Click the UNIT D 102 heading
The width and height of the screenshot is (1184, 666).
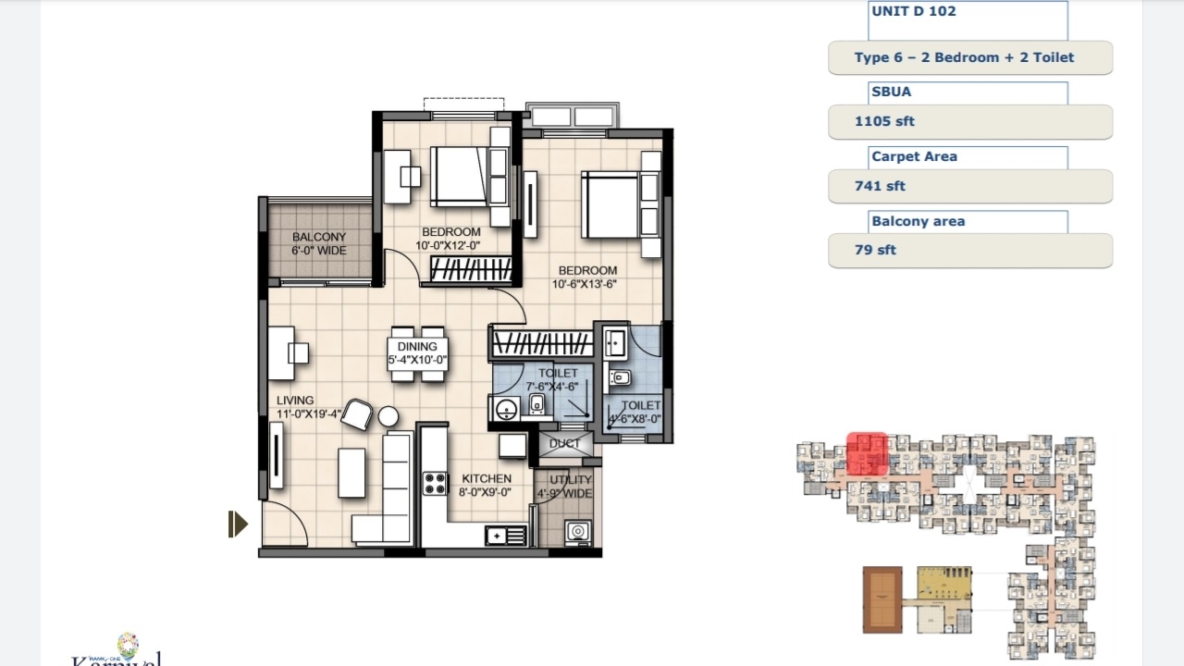click(x=913, y=12)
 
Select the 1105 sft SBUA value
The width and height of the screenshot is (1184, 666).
click(x=884, y=121)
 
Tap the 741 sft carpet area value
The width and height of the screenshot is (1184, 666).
click(x=880, y=186)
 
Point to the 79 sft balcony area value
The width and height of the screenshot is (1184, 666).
click(x=875, y=250)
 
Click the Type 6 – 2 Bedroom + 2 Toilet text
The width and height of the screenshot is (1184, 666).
click(x=964, y=57)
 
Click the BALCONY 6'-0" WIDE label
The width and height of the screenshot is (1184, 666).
click(x=319, y=243)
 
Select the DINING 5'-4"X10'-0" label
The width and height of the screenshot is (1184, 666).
click(x=417, y=353)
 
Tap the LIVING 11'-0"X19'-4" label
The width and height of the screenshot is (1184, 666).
click(x=308, y=408)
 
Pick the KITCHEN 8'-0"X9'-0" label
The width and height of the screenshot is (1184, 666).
click(x=486, y=486)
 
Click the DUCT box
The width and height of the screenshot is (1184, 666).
click(x=565, y=444)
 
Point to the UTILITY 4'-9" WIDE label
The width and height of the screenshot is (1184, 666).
click(x=570, y=487)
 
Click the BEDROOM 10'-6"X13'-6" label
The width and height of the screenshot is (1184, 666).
click(x=586, y=277)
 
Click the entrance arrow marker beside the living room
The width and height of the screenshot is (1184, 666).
click(x=238, y=524)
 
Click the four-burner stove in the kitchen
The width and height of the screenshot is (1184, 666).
click(x=435, y=483)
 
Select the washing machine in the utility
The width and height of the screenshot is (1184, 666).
click(x=578, y=531)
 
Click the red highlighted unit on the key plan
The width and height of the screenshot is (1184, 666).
click(x=868, y=454)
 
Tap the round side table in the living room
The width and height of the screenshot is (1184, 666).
click(x=388, y=416)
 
